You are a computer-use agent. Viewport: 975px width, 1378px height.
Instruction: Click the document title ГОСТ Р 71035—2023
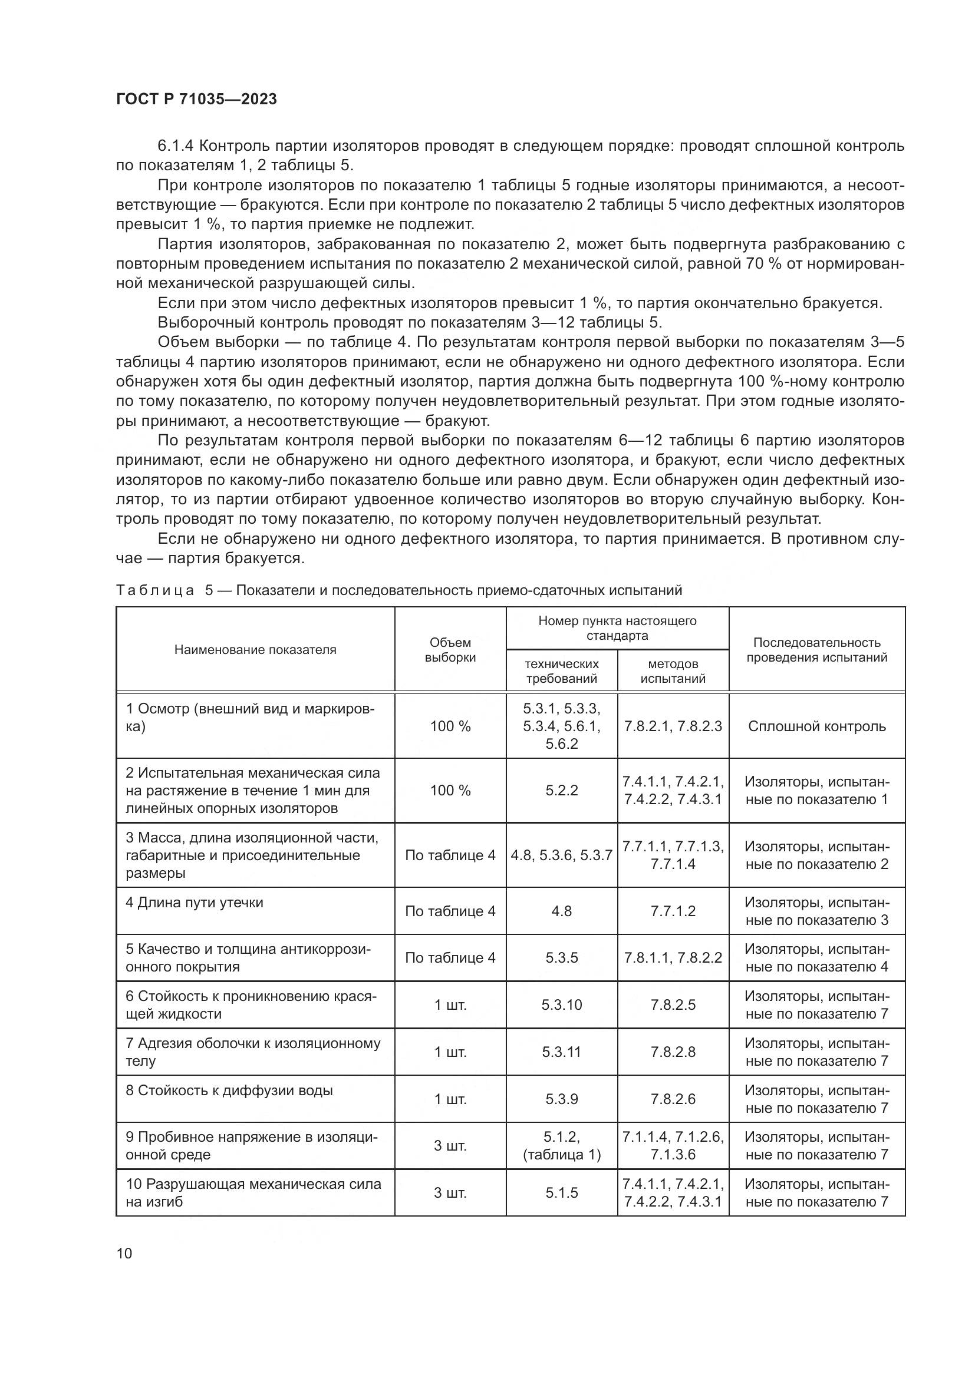(196, 100)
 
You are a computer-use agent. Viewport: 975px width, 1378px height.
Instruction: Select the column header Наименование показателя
(255, 649)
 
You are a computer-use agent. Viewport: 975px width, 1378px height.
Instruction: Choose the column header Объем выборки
(450, 650)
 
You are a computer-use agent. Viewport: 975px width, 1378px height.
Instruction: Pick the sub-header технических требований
(561, 671)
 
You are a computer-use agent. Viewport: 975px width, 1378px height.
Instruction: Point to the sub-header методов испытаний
(673, 671)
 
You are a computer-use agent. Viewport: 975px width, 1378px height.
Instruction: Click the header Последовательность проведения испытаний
(816, 650)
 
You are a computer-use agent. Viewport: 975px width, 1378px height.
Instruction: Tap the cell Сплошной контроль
(816, 726)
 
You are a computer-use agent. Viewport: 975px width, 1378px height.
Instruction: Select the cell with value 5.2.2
(561, 791)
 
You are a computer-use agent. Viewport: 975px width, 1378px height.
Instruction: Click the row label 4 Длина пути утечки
(195, 903)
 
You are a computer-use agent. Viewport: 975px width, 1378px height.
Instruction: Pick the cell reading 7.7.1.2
(673, 911)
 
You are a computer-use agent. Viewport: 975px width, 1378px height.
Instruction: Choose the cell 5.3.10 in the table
(561, 1004)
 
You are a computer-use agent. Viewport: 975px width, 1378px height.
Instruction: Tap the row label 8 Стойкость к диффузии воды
(229, 1090)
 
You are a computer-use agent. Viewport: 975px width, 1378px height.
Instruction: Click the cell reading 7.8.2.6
(673, 1099)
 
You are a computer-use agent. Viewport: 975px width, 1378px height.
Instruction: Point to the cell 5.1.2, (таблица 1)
(561, 1146)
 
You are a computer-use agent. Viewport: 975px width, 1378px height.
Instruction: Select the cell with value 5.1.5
(561, 1192)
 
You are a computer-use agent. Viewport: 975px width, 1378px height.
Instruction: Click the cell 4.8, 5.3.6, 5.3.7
(561, 855)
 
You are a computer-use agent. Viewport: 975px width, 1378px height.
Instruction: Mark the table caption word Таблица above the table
(155, 590)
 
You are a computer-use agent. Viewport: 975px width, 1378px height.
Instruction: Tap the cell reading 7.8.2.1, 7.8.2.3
(673, 726)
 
